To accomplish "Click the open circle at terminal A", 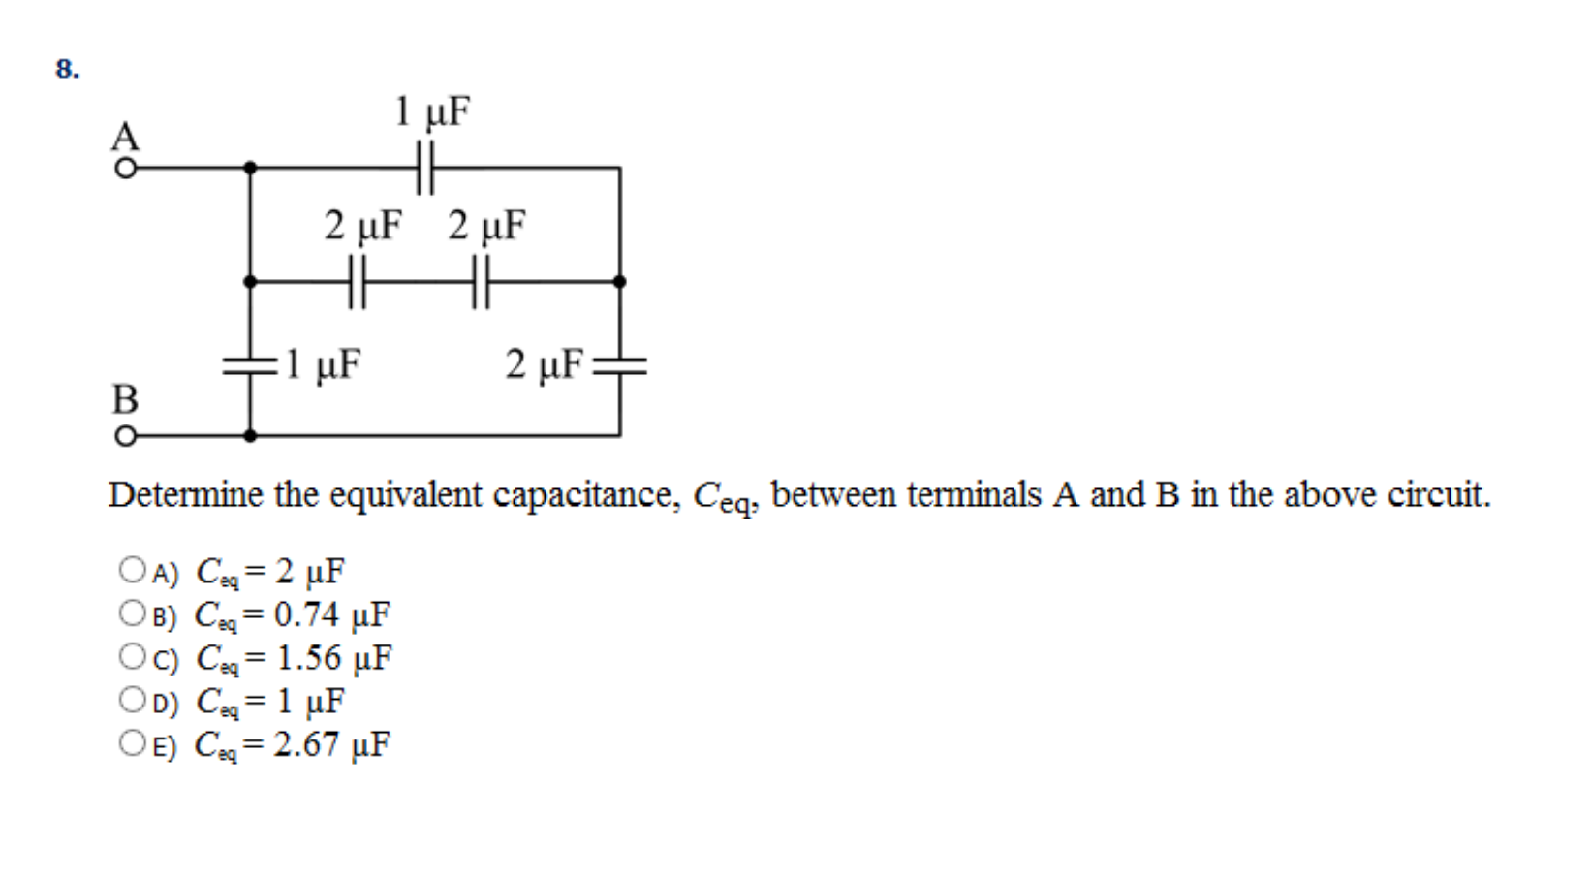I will pyautogui.click(x=125, y=169).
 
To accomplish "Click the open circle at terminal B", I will pyautogui.click(x=125, y=436).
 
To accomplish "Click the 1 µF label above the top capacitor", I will pyautogui.click(x=431, y=112).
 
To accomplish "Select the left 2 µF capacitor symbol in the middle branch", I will pyautogui.click(x=357, y=282).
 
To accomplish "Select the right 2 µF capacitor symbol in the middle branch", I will pyautogui.click(x=482, y=282).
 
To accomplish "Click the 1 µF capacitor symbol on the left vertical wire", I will pyautogui.click(x=250, y=366).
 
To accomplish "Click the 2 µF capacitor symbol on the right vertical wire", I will pyautogui.click(x=620, y=366).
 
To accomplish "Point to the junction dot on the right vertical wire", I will pyautogui.click(x=620, y=282).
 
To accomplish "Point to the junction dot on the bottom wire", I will pyautogui.click(x=250, y=436).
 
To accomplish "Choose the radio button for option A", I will pyautogui.click(x=132, y=570).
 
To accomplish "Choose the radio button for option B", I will pyautogui.click(x=132, y=613).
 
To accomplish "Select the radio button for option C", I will pyautogui.click(x=132, y=657).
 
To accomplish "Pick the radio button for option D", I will pyautogui.click(x=132, y=700).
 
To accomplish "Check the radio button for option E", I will pyautogui.click(x=132, y=743).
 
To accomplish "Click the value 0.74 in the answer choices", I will pyautogui.click(x=306, y=614).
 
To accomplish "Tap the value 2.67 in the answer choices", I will pyautogui.click(x=306, y=744).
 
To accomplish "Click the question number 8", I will pyautogui.click(x=67, y=69).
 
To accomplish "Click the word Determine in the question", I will pyautogui.click(x=185, y=495).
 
